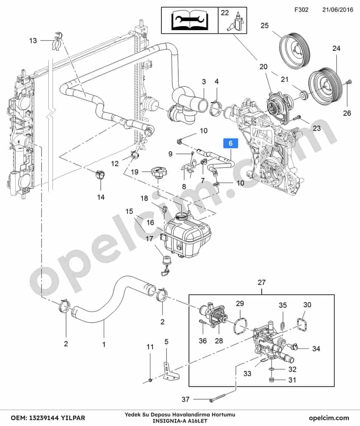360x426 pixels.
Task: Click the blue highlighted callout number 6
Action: coord(230,143)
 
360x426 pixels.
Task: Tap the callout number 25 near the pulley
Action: coord(264,25)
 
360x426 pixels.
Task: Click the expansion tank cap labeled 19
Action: coord(159,173)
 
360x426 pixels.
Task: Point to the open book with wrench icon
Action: coord(190,21)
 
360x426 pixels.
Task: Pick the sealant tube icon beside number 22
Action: coord(237,22)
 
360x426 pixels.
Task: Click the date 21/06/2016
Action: coord(338,10)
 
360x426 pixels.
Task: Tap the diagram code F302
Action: coord(302,10)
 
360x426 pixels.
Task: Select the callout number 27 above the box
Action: coord(261,283)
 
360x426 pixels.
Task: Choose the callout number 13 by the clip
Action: coord(33,41)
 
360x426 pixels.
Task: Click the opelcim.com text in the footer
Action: coord(329,418)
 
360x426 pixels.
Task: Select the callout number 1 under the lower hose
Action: coord(104,345)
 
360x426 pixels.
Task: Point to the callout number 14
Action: coord(101,197)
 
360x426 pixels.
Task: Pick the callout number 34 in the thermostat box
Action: coord(316,348)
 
